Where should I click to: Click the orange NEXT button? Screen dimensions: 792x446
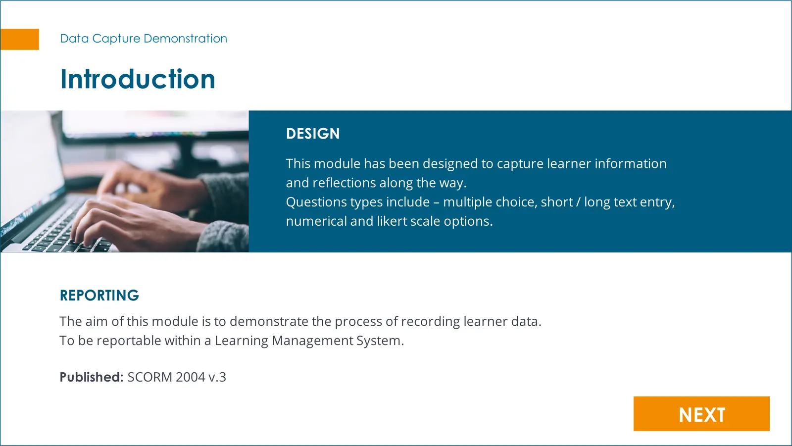(701, 413)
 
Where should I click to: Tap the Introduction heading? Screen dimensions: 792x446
(138, 79)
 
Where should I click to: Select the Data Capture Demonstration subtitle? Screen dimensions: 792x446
(144, 38)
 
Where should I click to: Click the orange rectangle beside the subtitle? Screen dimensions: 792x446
(19, 39)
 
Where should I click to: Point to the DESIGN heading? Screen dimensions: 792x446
(313, 134)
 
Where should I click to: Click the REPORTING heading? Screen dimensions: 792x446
(99, 296)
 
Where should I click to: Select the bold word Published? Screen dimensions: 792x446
(91, 377)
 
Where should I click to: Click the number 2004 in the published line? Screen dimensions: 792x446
(191, 377)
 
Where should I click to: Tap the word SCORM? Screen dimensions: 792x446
(150, 377)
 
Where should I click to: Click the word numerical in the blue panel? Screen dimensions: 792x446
(316, 221)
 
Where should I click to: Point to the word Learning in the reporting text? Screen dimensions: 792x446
(242, 341)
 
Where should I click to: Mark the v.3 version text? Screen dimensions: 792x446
(217, 377)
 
